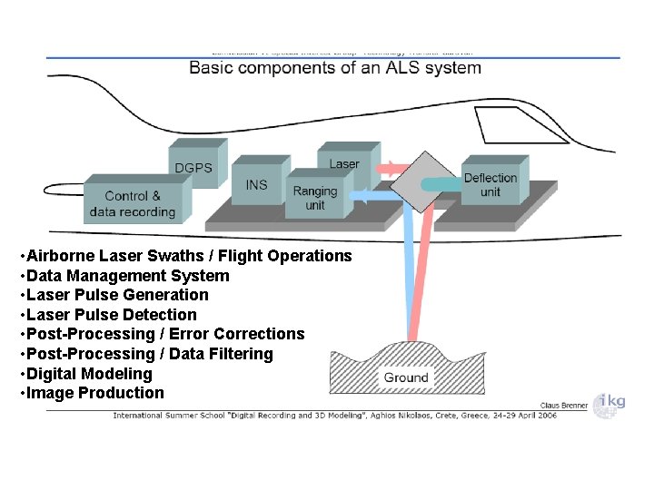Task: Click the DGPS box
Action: (193, 166)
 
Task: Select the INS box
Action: (257, 184)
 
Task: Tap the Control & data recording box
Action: (133, 204)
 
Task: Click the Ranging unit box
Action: (314, 198)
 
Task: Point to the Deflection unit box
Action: (490, 184)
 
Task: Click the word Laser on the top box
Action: (344, 164)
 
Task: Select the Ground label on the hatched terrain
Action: (406, 377)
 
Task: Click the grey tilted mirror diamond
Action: (420, 181)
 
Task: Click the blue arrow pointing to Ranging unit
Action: (372, 195)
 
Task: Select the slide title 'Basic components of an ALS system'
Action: (334, 68)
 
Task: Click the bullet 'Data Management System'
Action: (126, 276)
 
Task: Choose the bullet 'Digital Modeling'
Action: (89, 374)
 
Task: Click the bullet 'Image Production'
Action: (95, 393)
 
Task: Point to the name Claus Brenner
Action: (564, 406)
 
